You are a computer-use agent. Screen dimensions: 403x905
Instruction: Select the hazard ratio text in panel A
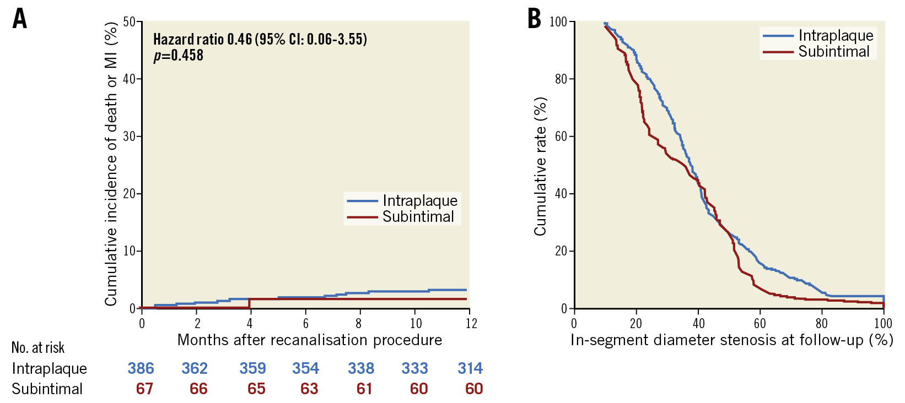coord(260,39)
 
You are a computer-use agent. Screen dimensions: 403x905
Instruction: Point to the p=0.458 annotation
coord(178,56)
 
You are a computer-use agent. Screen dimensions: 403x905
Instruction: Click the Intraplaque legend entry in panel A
coord(420,200)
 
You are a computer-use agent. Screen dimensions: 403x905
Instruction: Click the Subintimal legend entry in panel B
coord(833,52)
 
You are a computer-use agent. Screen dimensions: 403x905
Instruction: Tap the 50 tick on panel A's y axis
coord(130,22)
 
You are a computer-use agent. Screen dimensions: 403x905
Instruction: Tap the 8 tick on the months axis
coord(359,324)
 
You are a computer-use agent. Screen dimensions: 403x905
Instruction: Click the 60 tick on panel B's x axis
coord(759,324)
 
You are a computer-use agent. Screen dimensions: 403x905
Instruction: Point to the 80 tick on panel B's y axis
coord(561,79)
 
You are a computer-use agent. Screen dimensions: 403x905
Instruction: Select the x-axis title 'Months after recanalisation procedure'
coord(309,340)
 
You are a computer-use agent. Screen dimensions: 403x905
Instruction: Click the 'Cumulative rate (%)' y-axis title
coord(540,166)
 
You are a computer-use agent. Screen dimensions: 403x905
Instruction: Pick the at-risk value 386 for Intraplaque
coord(141,368)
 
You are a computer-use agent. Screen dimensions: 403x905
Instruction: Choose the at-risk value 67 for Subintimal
coord(144,389)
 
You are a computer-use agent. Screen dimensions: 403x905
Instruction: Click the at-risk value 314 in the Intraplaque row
coord(470,368)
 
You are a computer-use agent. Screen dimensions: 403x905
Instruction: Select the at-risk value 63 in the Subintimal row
coord(309,389)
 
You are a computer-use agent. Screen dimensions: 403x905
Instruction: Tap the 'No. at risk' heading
coord(38,348)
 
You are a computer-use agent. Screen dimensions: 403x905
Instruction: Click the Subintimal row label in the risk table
coord(47,389)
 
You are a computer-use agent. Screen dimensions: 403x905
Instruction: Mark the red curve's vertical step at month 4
coord(250,303)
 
